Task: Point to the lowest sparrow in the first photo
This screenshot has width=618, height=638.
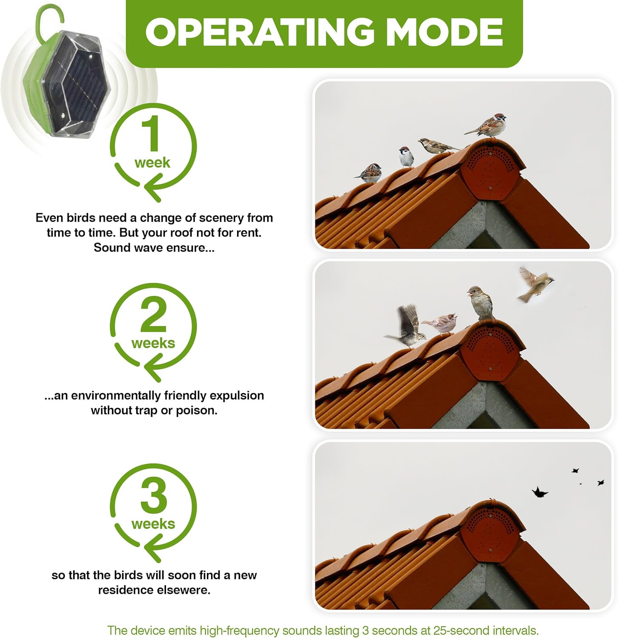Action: click(369, 172)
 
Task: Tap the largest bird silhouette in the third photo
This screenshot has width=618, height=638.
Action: click(539, 492)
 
